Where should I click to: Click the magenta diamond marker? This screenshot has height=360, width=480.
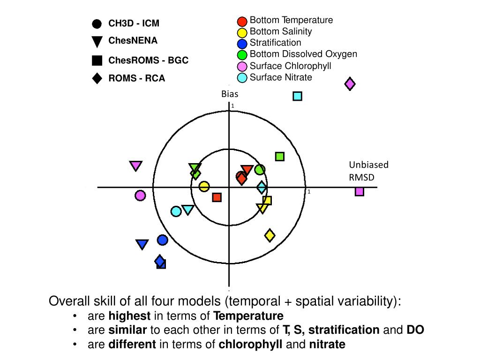coord(350,84)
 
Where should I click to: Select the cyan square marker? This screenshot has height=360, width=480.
coord(297,96)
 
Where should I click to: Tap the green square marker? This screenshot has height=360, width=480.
coord(280,156)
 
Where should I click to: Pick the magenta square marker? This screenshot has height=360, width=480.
coord(359,191)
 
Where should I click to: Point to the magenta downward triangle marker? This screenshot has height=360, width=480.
coord(136,165)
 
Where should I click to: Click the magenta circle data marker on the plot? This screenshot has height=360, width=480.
coord(140,195)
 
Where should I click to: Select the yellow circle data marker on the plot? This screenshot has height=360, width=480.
coord(204,187)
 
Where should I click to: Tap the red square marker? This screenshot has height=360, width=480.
coord(217,197)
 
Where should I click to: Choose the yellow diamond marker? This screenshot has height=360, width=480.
coord(270,235)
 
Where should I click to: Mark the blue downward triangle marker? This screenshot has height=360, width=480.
coord(142,244)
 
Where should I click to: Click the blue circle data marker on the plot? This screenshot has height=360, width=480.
coord(162,240)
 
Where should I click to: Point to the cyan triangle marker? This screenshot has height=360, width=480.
coord(188,210)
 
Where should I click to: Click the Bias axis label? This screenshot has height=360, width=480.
coord(230,94)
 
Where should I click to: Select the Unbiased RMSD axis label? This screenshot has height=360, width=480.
coord(362,171)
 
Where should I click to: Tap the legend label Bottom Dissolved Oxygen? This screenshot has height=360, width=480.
coord(303,54)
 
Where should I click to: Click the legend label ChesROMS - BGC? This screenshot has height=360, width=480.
coord(148,60)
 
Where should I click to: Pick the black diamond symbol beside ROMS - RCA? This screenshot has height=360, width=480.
coord(97,78)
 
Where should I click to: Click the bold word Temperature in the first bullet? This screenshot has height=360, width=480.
coord(248,316)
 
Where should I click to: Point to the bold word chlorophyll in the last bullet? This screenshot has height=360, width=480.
coord(250,345)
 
